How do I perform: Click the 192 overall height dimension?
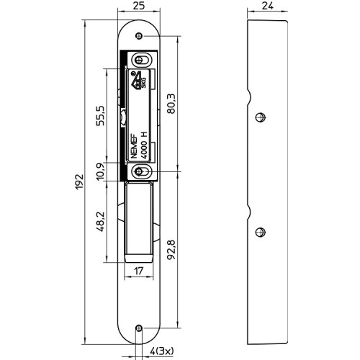click(79, 181)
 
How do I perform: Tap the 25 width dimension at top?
click(139, 6)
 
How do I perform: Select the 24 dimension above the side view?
click(268, 6)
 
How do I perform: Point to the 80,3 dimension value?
click(171, 104)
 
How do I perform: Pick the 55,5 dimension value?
click(100, 116)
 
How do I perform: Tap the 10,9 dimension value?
click(100, 171)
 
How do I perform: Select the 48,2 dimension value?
click(100, 221)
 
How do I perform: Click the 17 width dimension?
click(139, 271)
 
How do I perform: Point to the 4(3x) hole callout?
click(161, 351)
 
